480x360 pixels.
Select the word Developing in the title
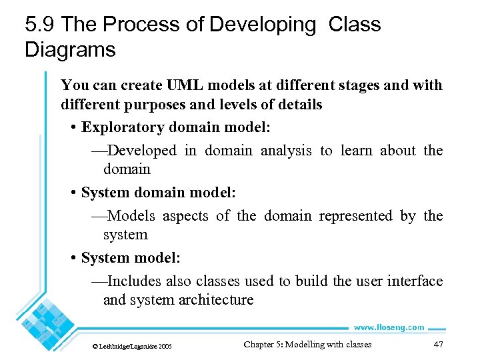[263, 25]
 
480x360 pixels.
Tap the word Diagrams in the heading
[70, 49]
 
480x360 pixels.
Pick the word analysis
[286, 151]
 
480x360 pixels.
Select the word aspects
[185, 216]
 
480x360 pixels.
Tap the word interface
[414, 281]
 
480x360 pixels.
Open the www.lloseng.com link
[389, 327]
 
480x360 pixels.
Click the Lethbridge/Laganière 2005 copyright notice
[132, 347]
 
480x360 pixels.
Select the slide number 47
[438, 345]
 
